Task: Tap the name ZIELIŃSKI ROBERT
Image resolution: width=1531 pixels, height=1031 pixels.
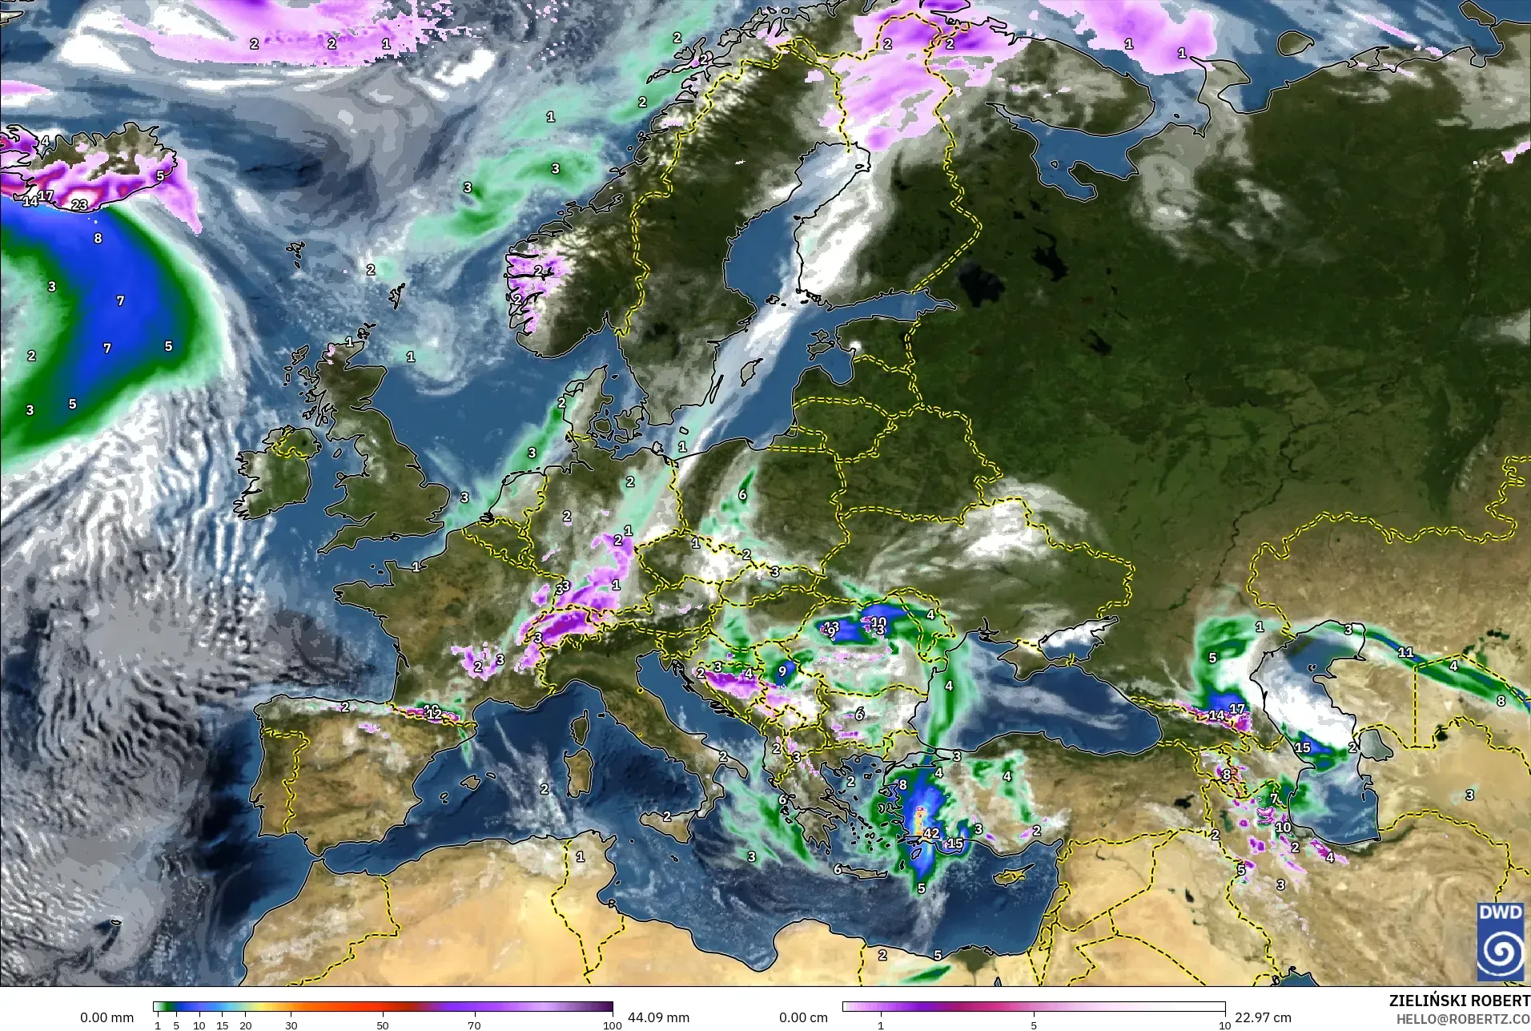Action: [1459, 1001]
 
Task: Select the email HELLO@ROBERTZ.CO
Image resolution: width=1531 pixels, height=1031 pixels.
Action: [1463, 1019]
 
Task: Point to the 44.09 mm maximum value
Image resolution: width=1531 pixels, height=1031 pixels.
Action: [658, 1017]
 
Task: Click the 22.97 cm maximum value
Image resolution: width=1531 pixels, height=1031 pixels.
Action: [1263, 1017]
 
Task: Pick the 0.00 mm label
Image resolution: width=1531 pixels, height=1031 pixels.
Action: [106, 1017]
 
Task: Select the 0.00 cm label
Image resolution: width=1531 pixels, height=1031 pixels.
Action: [803, 1017]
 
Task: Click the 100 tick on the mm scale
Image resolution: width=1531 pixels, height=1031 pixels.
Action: [612, 1025]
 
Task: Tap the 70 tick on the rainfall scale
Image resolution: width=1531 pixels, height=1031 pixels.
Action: [474, 1025]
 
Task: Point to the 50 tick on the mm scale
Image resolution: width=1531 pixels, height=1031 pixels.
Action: [383, 1025]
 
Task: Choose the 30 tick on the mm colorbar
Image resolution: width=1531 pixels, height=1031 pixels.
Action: [291, 1025]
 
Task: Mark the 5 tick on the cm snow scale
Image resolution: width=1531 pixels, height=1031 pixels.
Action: [1034, 1025]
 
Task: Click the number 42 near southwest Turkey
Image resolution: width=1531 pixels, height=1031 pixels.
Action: [930, 833]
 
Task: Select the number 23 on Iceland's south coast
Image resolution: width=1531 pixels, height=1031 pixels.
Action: [79, 205]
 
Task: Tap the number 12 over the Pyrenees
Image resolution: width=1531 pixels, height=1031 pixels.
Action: [434, 713]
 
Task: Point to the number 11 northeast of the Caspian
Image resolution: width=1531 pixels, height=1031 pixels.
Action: [1405, 652]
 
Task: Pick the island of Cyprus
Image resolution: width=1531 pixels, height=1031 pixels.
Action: [1011, 876]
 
